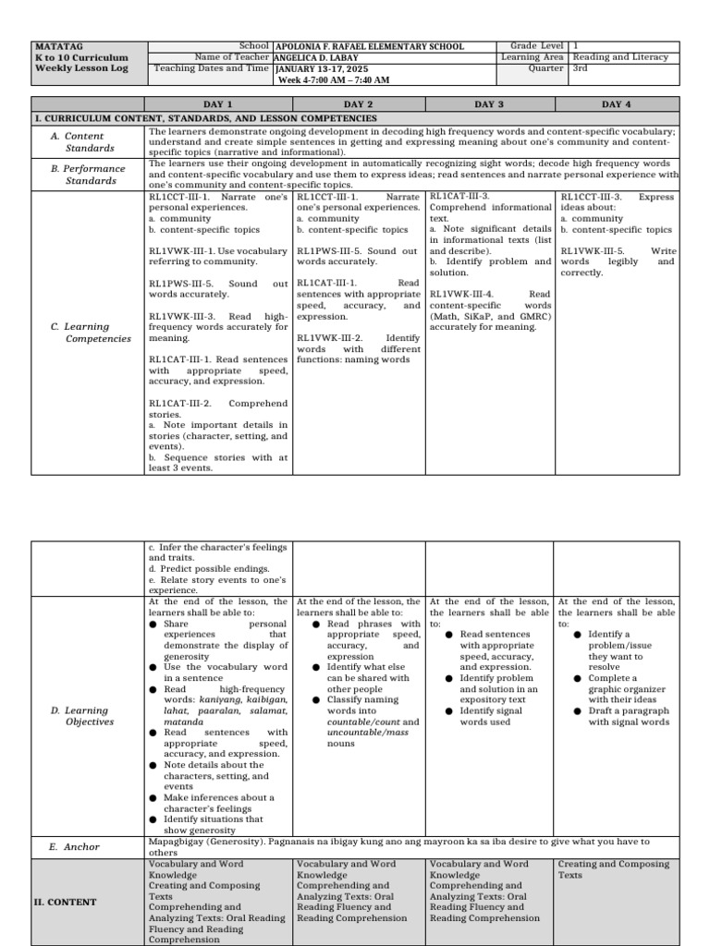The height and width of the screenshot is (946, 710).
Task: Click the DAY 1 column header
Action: click(x=217, y=104)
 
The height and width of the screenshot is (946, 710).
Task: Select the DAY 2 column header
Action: click(x=358, y=104)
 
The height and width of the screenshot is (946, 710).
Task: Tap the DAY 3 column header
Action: click(x=489, y=104)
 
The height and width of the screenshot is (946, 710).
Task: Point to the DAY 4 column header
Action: click(x=617, y=104)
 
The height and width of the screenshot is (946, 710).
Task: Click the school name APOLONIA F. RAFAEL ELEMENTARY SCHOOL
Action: click(x=370, y=46)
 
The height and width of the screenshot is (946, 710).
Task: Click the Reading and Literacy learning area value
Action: click(x=619, y=56)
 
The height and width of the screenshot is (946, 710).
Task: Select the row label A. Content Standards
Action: click(x=90, y=141)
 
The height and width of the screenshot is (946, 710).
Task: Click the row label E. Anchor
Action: click(x=76, y=846)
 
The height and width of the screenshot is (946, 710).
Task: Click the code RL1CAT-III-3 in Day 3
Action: click(x=459, y=197)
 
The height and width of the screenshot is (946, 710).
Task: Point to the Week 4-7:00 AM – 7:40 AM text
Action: click(x=334, y=79)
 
